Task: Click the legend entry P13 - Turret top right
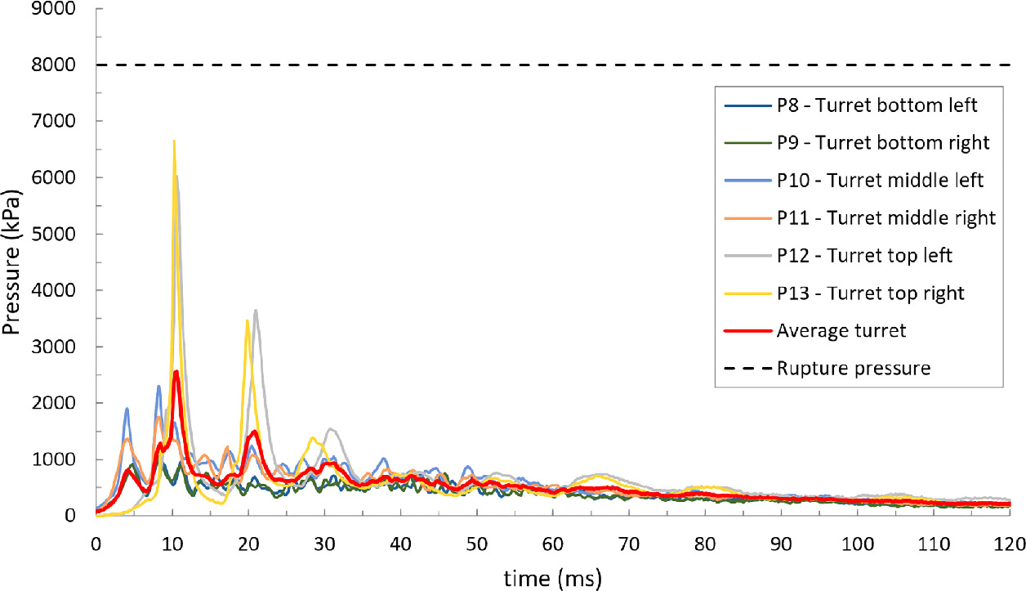pos(858,293)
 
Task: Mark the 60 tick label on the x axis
pos(553,543)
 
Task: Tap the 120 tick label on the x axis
pos(1009,543)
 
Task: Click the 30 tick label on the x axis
pos(324,543)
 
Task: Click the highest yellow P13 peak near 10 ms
pos(174,141)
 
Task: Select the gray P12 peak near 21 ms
pos(256,310)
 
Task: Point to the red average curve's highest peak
pos(176,371)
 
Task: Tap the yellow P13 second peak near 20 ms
pos(248,320)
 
